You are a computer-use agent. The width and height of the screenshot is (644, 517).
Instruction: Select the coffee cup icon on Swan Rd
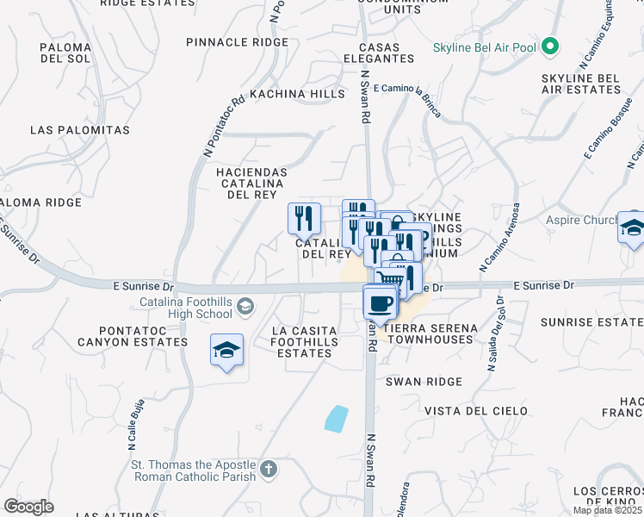(x=380, y=302)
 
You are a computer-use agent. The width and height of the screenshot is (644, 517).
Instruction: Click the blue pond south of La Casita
(x=337, y=418)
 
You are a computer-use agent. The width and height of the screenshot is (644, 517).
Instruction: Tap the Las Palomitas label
(x=79, y=130)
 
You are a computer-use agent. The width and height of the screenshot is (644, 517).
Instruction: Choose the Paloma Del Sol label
(x=65, y=53)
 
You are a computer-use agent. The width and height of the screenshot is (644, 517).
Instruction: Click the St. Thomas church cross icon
(x=269, y=470)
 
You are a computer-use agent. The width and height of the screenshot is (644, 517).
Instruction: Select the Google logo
(x=28, y=507)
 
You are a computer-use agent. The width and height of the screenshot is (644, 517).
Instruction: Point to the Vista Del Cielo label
(x=476, y=411)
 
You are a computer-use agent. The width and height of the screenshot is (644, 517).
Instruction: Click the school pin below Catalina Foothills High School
(x=226, y=350)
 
